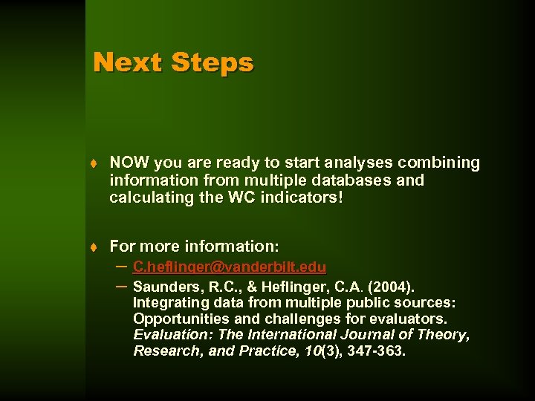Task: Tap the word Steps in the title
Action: click(212, 63)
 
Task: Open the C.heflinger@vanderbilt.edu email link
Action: click(229, 267)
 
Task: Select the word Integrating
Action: click(170, 303)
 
